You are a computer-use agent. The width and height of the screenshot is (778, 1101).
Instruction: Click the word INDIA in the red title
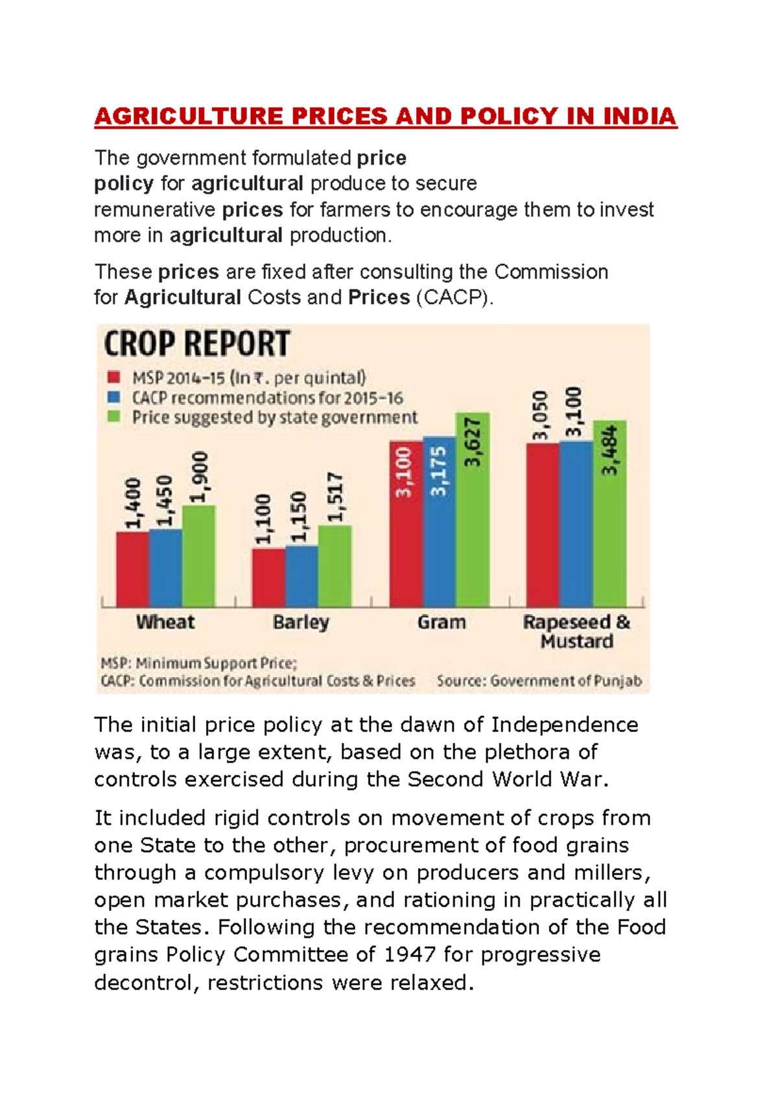[639, 117]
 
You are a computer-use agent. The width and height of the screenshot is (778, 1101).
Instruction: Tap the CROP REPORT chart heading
[197, 344]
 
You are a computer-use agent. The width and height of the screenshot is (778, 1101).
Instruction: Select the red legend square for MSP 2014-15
[114, 377]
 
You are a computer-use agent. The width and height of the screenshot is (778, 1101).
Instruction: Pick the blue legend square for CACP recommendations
[114, 397]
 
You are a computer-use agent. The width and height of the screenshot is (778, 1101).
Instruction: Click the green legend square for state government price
[114, 417]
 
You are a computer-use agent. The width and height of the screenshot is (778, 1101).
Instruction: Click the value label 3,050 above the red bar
[540, 416]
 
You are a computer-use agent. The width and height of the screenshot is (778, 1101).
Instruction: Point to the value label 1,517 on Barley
[335, 497]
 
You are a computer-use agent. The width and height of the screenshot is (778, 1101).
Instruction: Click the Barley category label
[301, 622]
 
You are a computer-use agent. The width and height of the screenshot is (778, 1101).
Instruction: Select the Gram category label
[442, 622]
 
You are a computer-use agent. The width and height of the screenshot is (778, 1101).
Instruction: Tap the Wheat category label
[165, 622]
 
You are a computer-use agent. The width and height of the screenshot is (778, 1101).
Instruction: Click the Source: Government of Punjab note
[539, 681]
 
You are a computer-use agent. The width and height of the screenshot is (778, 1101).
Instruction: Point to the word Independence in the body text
[564, 725]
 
